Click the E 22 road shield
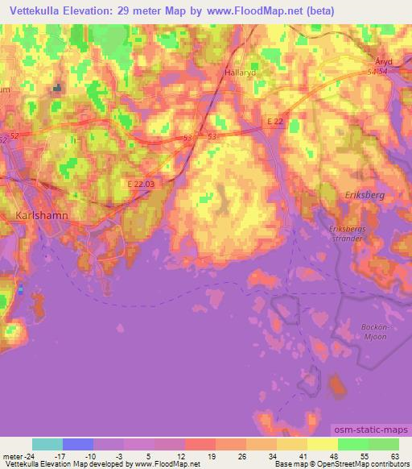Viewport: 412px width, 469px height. [275, 121]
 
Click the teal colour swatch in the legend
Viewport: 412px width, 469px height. [47, 444]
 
